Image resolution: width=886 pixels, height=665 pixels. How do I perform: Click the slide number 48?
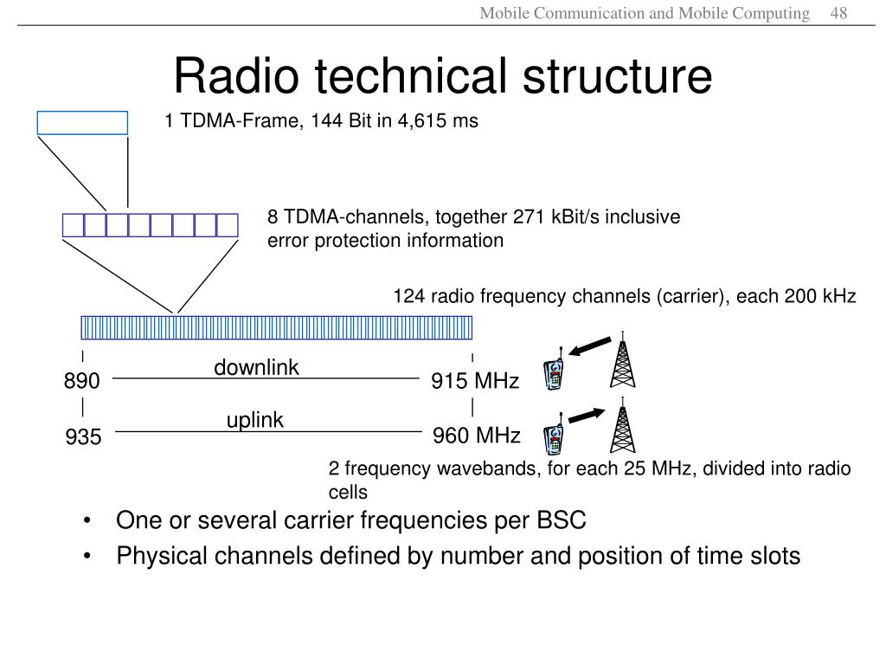tap(838, 13)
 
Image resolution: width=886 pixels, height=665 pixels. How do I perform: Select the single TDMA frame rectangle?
tap(82, 123)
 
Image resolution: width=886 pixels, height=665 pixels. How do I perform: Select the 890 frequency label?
tap(82, 381)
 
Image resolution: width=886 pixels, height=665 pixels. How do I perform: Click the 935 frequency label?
tap(83, 438)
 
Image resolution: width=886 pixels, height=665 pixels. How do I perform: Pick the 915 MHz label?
tap(475, 381)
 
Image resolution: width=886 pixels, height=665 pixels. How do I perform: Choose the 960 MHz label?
tap(477, 436)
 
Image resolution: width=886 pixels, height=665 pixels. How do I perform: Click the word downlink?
tap(257, 368)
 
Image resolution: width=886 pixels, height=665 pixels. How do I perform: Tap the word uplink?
tap(255, 421)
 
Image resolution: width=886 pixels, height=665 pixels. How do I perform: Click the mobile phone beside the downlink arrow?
tap(555, 371)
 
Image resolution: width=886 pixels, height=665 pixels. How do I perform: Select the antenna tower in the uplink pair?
tap(622, 425)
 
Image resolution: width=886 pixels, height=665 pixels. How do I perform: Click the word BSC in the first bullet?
tap(562, 521)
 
